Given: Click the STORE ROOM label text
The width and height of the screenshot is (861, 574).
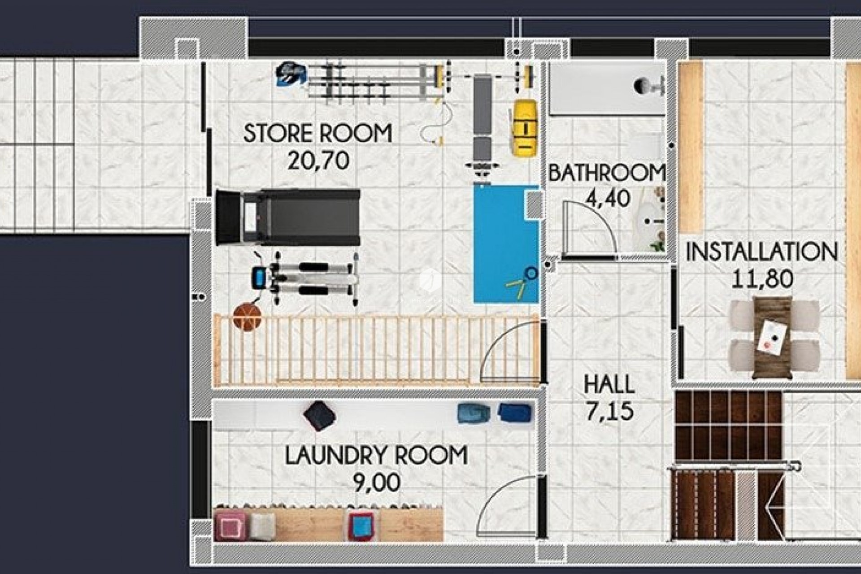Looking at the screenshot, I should (x=317, y=133).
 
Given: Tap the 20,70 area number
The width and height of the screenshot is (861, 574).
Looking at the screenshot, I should (x=318, y=160).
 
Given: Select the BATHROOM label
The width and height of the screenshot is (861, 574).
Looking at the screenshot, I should (x=606, y=173).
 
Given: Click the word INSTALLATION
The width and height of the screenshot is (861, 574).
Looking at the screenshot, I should (x=761, y=252).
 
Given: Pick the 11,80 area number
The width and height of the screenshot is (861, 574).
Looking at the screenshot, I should (x=762, y=278).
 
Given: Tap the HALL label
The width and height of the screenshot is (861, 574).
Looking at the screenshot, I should (x=609, y=384).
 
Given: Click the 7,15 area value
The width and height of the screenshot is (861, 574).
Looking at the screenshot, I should (x=609, y=411).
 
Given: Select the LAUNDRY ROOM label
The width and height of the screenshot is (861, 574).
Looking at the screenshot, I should (x=376, y=455).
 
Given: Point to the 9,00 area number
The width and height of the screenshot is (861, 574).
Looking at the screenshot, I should (x=377, y=483).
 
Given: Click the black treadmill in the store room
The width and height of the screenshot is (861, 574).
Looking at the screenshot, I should (x=288, y=217).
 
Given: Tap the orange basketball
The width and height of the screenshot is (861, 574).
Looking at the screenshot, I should (x=247, y=317).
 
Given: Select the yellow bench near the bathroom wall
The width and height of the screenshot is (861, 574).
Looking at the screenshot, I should (x=525, y=128).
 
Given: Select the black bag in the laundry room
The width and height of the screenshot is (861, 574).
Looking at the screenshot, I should (x=319, y=416).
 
